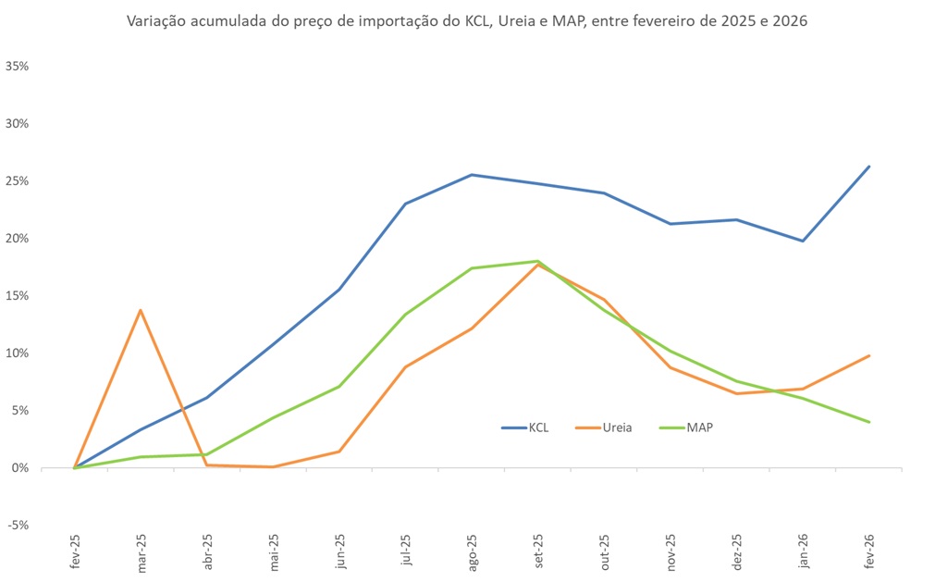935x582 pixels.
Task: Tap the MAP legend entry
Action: (x=699, y=427)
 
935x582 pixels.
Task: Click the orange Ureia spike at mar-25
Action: (x=141, y=310)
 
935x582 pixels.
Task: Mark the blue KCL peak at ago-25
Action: (x=472, y=175)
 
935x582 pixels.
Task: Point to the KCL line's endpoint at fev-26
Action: (x=869, y=167)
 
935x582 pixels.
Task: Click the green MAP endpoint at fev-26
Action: (x=869, y=422)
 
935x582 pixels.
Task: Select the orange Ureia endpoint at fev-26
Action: (x=869, y=355)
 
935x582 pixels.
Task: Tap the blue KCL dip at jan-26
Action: (x=803, y=241)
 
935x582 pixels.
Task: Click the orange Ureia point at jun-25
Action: (x=339, y=452)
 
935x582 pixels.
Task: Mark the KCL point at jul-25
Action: (x=405, y=204)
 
